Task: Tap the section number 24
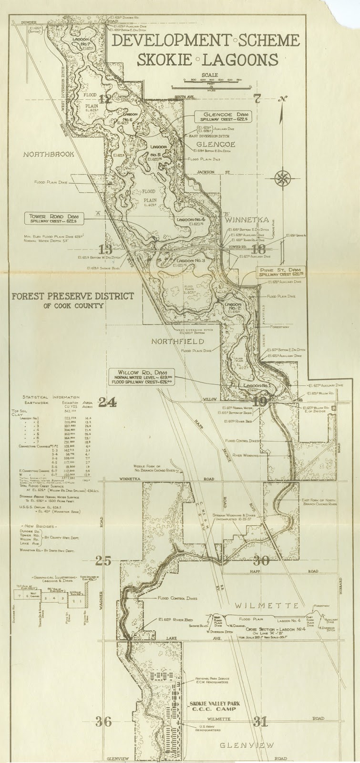pos(107,403)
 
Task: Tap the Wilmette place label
pos(271,605)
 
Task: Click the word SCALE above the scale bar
pos(209,75)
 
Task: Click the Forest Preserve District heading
pos(73,296)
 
